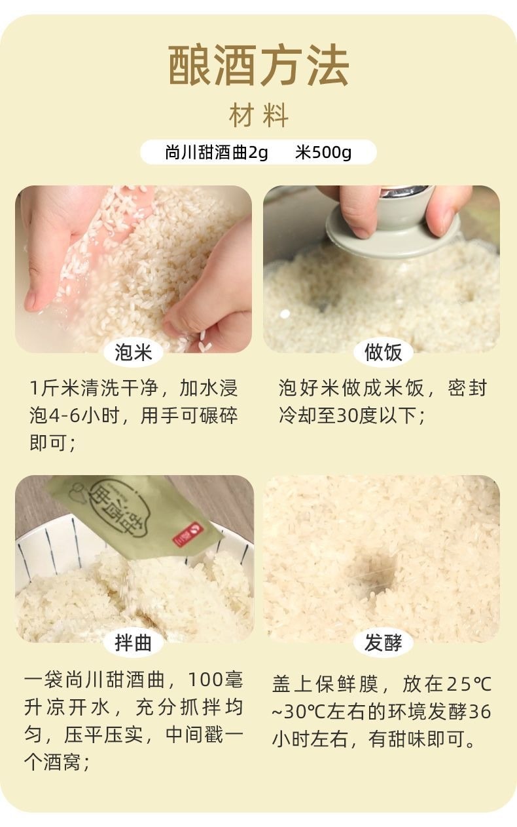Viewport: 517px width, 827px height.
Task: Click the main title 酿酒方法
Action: click(x=258, y=66)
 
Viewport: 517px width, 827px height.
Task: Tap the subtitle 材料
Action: click(x=258, y=116)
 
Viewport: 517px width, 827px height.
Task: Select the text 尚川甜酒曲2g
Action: click(x=216, y=153)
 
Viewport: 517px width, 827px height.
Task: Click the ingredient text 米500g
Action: click(x=323, y=153)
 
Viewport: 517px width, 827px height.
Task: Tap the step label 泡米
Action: click(x=134, y=353)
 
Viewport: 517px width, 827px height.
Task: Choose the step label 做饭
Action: click(x=383, y=353)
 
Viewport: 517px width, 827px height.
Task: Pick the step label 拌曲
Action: click(x=134, y=643)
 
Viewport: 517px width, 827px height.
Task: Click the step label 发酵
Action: click(x=383, y=643)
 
